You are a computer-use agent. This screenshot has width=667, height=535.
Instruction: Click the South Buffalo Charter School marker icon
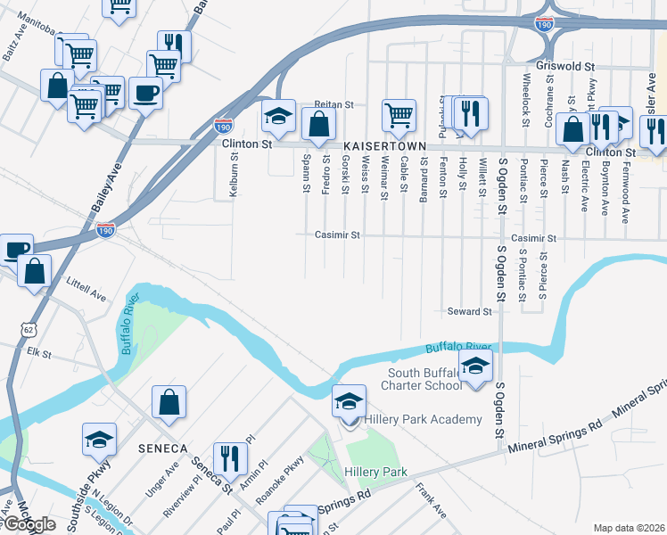tap(475, 366)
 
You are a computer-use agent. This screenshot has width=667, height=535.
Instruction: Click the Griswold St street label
tap(566, 66)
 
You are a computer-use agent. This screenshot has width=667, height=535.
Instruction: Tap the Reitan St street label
tap(332, 104)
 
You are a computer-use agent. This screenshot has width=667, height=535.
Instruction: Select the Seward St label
tap(469, 312)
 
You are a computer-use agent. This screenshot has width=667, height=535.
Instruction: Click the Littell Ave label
tap(86, 288)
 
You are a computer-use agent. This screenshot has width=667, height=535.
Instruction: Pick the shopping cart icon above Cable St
tap(399, 113)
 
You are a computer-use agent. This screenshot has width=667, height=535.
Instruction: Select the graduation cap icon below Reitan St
tap(278, 116)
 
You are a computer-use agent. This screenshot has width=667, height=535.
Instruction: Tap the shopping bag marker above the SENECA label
tap(169, 402)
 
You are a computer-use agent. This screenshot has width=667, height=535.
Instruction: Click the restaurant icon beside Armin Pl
tap(231, 458)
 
